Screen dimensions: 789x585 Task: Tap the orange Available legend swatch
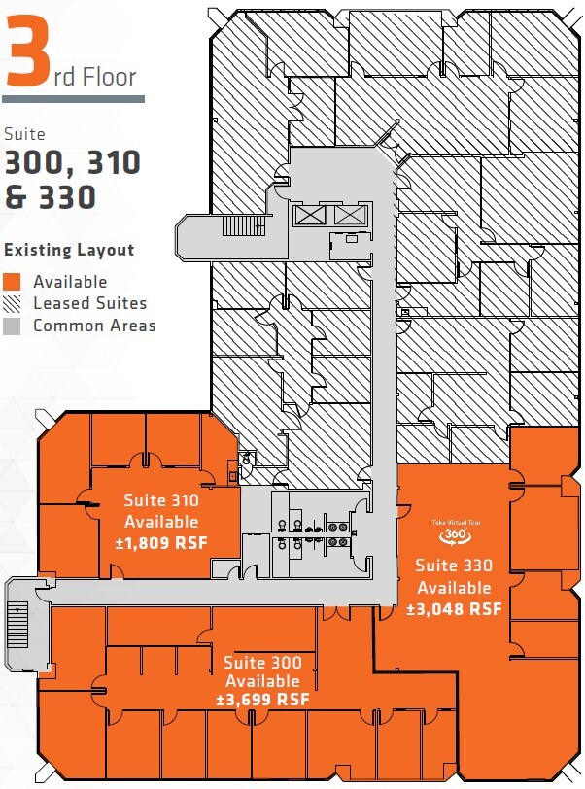tap(14, 282)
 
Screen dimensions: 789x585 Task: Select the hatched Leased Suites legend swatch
tap(14, 304)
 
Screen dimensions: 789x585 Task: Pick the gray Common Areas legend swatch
tap(14, 326)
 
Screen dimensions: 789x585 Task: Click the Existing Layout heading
tap(69, 250)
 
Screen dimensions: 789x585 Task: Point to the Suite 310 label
tap(161, 501)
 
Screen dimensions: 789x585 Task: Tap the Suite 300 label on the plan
tap(262, 663)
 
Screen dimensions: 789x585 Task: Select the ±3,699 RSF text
tap(262, 700)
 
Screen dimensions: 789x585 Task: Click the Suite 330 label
tap(454, 566)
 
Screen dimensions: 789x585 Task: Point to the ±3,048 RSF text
tap(454, 609)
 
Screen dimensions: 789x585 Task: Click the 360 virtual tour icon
tap(449, 533)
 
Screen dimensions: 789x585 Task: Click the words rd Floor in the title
tap(95, 76)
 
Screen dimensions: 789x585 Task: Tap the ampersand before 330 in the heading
tap(17, 197)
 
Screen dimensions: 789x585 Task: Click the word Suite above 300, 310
tap(24, 135)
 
